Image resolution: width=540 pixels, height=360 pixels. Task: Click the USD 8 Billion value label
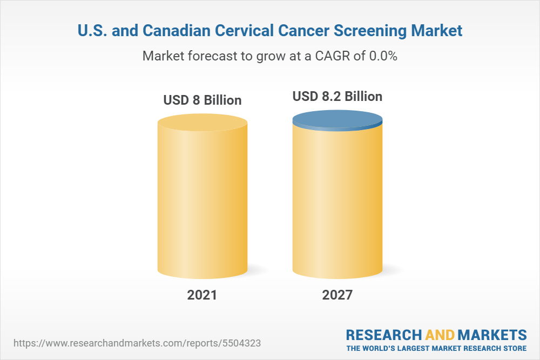[202, 100]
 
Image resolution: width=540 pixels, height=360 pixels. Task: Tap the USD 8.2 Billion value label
[337, 97]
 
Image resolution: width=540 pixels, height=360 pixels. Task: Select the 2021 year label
[202, 295]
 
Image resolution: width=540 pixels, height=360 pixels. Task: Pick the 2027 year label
[337, 295]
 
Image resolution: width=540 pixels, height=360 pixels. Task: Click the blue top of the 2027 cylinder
[337, 120]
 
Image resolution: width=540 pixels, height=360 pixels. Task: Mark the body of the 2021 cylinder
[202, 205]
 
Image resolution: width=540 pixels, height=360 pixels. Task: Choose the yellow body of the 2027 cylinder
[337, 205]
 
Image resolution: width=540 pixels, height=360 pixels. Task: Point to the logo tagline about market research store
[436, 348]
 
